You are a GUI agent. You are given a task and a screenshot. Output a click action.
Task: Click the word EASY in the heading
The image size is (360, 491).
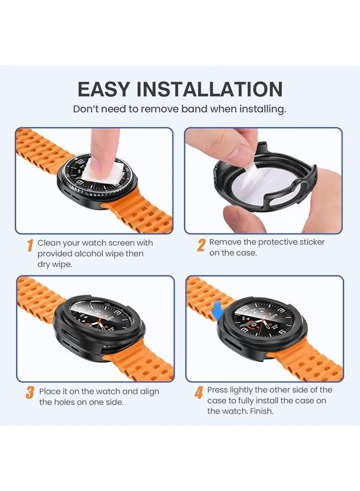103,89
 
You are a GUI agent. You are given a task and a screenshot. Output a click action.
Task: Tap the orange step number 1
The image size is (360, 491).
30,245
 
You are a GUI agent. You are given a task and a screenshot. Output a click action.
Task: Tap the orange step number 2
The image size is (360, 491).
201,245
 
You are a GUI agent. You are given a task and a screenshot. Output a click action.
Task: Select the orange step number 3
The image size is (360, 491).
30,393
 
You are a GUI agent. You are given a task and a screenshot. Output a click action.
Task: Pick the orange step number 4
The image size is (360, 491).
199,392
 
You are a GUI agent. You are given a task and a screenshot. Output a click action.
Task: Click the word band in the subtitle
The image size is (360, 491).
194,109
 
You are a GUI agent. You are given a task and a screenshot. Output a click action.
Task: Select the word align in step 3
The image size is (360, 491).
149,392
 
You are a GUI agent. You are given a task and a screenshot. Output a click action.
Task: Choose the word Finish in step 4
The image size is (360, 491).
262,411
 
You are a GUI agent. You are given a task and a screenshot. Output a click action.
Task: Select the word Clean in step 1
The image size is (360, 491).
49,243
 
